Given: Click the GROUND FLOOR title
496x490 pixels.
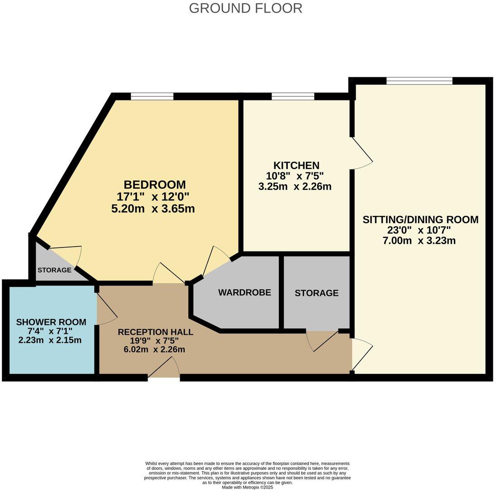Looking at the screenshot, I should coord(245,8).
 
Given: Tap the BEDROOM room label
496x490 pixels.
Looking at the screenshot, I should coord(154,185).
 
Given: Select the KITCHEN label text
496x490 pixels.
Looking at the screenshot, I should coord(296,166).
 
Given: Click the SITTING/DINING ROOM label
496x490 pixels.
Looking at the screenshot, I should coord(420,220).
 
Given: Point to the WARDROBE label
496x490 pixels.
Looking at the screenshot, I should coord(244,293).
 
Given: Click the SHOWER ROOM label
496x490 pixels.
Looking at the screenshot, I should coord(51,322).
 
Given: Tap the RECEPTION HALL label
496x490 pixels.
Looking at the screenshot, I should coord(155,332).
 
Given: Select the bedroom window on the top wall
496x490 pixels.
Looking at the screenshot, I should coord(152,96).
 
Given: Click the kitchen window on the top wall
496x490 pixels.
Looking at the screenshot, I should coord(293,96).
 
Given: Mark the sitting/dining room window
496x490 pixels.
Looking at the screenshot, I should coord(419,81).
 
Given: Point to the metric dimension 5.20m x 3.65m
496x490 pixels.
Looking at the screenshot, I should coord(153,209).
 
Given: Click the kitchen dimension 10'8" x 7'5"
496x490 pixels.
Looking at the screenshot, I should coord(295,176).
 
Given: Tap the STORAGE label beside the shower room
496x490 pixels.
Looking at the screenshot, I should coord(54,270).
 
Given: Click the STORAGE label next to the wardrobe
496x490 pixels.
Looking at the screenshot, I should coord(316,293).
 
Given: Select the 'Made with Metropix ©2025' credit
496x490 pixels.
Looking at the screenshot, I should coord(248,487).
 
